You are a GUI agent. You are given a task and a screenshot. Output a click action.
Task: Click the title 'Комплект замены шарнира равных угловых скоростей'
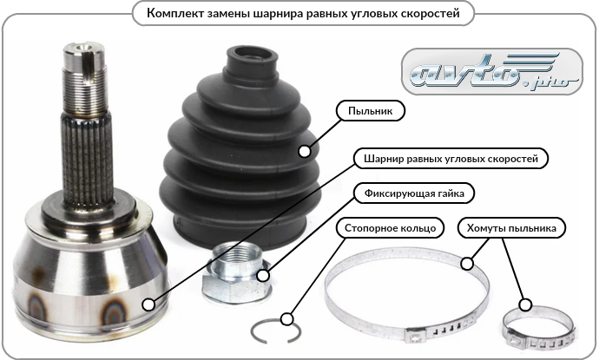pyautogui.click(x=303, y=13)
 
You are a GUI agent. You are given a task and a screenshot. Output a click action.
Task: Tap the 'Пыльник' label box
pyautogui.click(x=370, y=111)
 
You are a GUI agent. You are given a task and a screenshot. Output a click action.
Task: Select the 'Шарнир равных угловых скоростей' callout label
pyautogui.click(x=451, y=159)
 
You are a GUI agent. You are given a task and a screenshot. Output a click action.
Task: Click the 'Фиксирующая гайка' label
pyautogui.click(x=414, y=193)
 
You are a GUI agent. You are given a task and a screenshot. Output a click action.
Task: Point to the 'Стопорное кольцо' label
pyautogui.click(x=390, y=228)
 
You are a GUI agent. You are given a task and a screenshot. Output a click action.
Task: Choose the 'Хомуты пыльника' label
pyautogui.click(x=511, y=228)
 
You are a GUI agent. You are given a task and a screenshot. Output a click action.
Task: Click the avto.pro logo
pyautogui.click(x=492, y=72)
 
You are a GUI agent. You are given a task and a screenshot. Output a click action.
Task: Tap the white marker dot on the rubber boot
pyautogui.click(x=305, y=151)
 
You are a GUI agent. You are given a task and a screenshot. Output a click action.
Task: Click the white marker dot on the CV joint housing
pyautogui.click(x=148, y=304)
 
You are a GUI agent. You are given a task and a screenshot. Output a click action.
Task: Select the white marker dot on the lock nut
pyautogui.click(x=263, y=275)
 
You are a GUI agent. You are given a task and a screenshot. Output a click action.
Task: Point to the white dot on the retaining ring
pyautogui.click(x=286, y=318)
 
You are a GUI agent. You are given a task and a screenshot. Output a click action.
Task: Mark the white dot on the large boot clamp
pyautogui.click(x=467, y=263)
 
